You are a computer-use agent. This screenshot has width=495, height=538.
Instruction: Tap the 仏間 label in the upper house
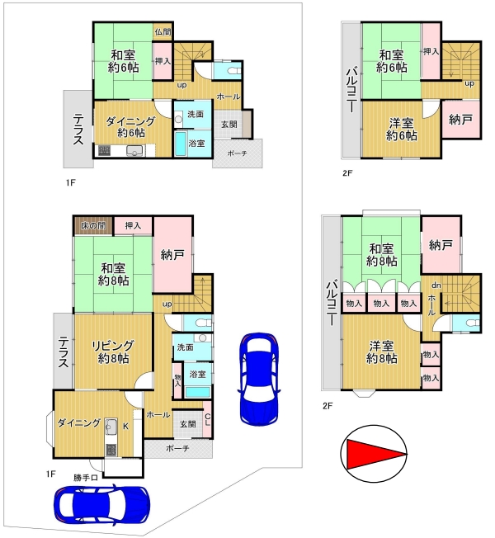(x=163, y=32)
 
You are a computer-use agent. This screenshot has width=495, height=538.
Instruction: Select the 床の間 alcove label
(x=93, y=226)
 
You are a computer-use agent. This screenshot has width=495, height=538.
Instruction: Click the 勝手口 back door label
(x=86, y=477)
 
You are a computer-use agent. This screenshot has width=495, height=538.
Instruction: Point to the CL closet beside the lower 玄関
(x=208, y=420)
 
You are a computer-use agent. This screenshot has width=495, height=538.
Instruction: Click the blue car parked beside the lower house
(x=259, y=379)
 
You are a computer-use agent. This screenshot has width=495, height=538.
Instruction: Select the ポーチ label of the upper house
(x=238, y=153)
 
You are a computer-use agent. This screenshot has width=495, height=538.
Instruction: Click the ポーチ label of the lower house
(x=177, y=448)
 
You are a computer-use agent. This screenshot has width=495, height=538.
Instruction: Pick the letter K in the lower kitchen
(x=126, y=427)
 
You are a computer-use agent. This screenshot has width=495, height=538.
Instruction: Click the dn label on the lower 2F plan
(x=436, y=286)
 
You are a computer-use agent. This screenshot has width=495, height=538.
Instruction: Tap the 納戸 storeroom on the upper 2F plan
(x=460, y=120)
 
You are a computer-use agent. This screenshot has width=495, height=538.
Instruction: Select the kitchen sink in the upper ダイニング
(x=134, y=150)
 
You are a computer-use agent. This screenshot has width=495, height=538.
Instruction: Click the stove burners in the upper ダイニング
(x=104, y=150)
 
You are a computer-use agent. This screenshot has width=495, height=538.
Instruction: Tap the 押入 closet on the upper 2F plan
(x=431, y=51)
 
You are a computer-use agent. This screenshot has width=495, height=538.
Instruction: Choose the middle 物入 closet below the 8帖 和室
(x=381, y=304)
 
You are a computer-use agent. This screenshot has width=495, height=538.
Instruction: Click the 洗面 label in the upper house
(x=196, y=114)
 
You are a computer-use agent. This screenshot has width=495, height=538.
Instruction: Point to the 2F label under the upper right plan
(x=347, y=173)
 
